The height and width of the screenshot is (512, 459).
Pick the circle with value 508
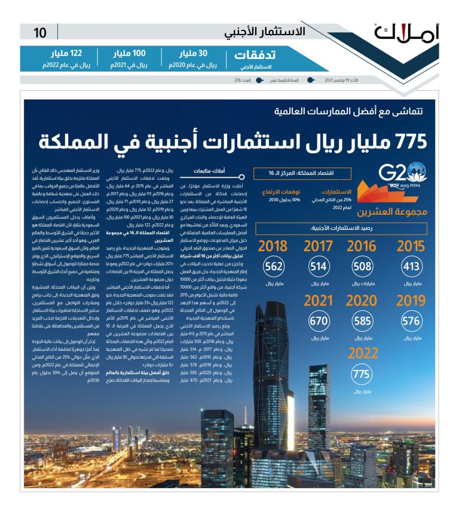[362, 267]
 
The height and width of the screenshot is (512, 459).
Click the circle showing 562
[273, 267]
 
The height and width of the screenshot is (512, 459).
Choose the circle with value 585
[362, 322]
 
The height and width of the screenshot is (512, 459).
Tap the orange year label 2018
[273, 246]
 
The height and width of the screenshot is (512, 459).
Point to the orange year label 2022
[362, 354]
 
